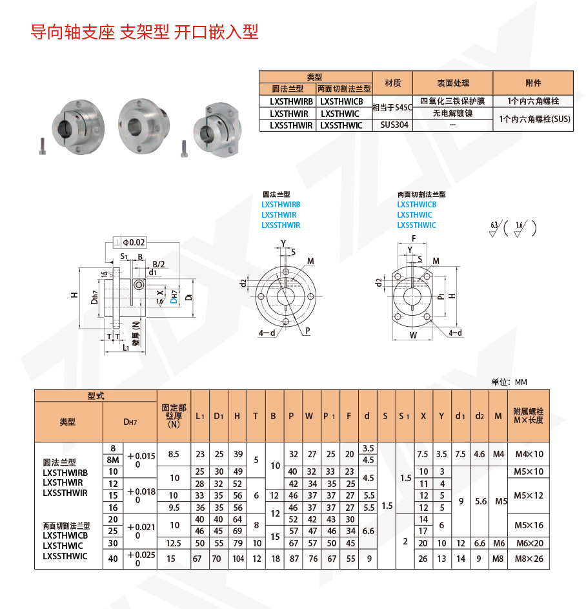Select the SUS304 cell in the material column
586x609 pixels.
[394, 125]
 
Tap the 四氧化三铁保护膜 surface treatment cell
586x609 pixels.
[452, 101]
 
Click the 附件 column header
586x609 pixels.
[533, 83]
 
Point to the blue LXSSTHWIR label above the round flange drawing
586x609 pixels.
[281, 225]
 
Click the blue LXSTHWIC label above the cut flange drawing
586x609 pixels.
[414, 215]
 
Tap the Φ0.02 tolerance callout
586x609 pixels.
[134, 242]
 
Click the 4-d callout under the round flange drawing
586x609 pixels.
[266, 333]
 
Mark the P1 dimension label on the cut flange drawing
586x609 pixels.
[440, 296]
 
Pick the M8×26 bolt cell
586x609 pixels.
[529, 559]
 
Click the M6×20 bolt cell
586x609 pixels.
[529, 543]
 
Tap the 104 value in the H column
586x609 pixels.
[237, 559]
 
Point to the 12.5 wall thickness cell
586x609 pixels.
[174, 543]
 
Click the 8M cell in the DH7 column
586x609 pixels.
[113, 460]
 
